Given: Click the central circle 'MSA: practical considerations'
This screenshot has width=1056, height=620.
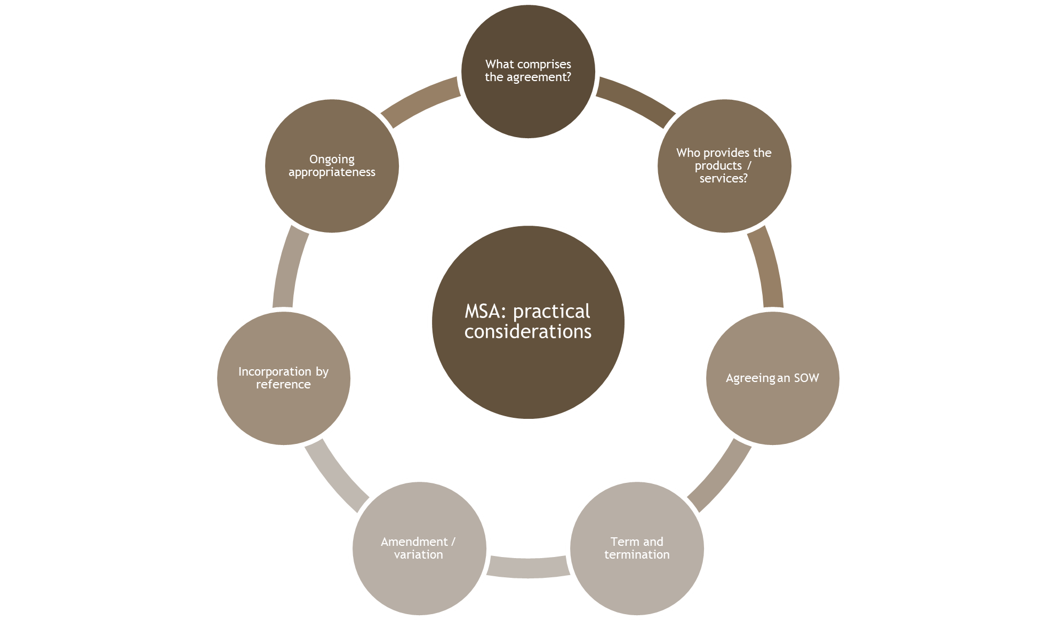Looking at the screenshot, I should pos(528,363).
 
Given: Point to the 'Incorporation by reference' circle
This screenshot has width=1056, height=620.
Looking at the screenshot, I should pos(283,411).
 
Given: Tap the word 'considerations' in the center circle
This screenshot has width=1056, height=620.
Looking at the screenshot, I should pos(528,332).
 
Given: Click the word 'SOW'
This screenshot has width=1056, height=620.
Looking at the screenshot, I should pos(806,378).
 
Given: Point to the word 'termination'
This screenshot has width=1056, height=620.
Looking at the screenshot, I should pos(637,555).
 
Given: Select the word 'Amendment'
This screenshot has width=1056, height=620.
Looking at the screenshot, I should pos(414,542).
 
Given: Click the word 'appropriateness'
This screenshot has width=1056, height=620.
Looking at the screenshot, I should pos(332,172).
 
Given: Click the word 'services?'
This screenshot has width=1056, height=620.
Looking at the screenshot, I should pos(724,179).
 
